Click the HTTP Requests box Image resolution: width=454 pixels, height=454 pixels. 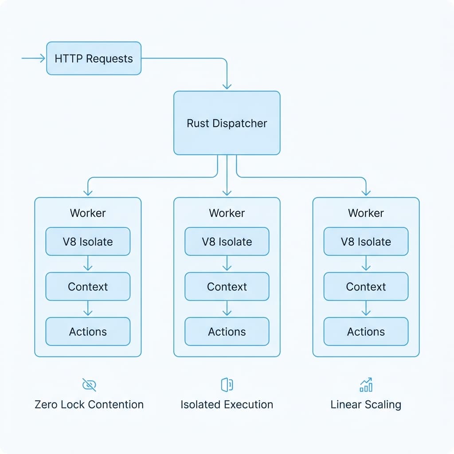[x=94, y=58]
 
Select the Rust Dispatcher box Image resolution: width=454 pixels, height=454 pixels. [x=227, y=123]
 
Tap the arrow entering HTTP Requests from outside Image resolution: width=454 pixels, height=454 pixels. [x=34, y=58]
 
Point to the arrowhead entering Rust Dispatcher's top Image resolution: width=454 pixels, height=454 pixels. [x=227, y=85]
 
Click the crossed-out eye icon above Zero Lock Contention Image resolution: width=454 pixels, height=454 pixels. [x=89, y=385]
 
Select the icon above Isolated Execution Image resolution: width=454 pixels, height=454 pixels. [x=227, y=385]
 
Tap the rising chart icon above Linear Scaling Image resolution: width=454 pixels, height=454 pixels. [x=366, y=385]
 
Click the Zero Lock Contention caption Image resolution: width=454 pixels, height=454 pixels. [x=89, y=404]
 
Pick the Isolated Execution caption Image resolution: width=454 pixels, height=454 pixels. [x=227, y=404]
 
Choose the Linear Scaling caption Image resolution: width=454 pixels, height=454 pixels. [x=366, y=404]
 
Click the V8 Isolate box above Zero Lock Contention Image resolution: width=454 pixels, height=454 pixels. [x=88, y=242]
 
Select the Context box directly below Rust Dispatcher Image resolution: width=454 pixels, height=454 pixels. [x=227, y=286]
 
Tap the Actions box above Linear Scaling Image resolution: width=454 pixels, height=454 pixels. [x=366, y=331]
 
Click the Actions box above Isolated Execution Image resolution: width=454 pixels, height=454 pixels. [x=227, y=331]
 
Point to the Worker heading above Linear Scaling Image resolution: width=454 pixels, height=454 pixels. [x=366, y=213]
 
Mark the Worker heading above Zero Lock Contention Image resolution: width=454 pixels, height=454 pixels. [x=88, y=213]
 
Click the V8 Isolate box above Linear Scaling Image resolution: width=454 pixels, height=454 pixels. [x=366, y=242]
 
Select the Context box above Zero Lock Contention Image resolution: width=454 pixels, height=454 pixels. [x=88, y=286]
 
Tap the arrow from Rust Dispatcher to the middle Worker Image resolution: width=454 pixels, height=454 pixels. [x=227, y=177]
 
